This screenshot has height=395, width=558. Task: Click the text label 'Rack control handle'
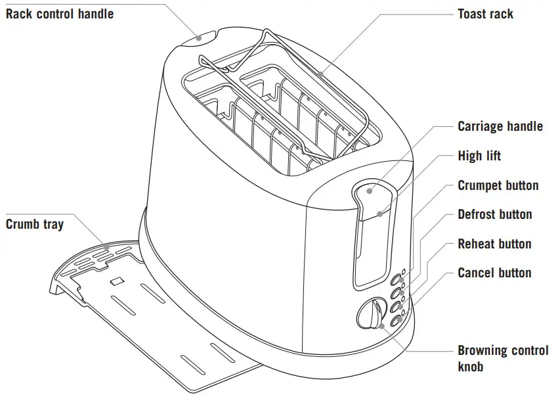coord(60,14)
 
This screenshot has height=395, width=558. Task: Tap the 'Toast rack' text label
coord(485,14)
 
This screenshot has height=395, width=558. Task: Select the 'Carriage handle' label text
coord(500,126)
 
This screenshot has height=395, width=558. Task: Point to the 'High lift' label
coord(479,156)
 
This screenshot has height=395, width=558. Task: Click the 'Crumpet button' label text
coord(498,185)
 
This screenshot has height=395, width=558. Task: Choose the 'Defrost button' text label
coord(494,214)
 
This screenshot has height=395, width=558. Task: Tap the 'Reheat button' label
coord(494,244)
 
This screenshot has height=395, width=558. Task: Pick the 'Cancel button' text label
coord(494,273)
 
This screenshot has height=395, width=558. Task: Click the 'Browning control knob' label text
coord(502,358)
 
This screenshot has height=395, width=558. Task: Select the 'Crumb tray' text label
coord(35,224)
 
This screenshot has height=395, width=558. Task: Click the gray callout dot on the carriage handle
coord(370,191)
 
